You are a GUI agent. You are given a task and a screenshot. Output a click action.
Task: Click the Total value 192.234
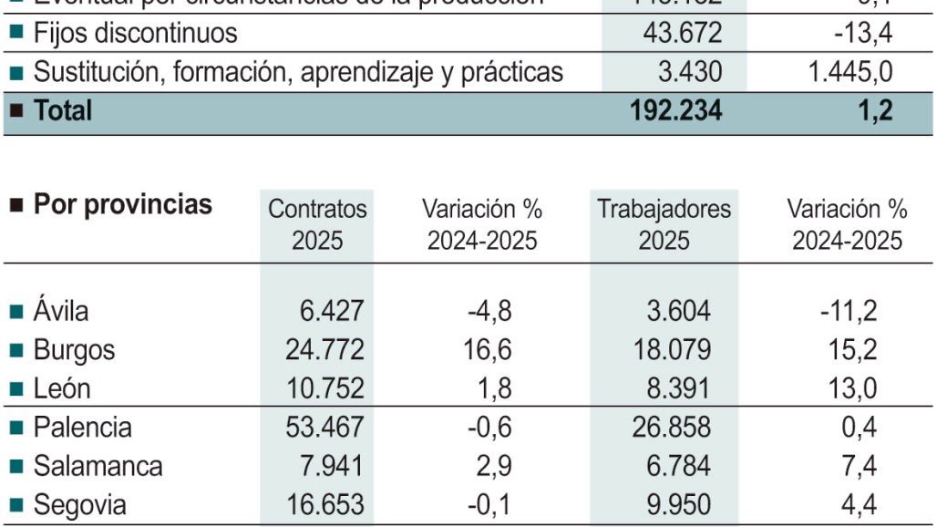(675, 110)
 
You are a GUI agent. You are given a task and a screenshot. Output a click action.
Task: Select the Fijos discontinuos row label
(135, 34)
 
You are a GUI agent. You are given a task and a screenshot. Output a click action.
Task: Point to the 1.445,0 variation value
(849, 72)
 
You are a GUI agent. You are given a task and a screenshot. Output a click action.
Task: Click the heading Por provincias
(122, 204)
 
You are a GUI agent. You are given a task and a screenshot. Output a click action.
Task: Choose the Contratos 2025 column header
(317, 224)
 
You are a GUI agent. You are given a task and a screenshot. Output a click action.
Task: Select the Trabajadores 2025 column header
(664, 224)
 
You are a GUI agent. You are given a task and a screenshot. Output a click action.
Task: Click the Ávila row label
(61, 311)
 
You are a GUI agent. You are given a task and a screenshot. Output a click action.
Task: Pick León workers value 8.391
(678, 388)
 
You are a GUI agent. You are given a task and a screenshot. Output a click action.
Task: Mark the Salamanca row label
(98, 466)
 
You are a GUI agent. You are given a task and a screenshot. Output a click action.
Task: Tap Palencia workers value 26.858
(671, 427)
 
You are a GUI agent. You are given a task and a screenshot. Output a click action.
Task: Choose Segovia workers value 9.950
(678, 505)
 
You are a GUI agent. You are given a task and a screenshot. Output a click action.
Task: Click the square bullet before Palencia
(15, 428)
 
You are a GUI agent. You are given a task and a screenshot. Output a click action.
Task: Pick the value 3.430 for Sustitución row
(688, 72)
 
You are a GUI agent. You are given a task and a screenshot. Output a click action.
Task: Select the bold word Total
(63, 110)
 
